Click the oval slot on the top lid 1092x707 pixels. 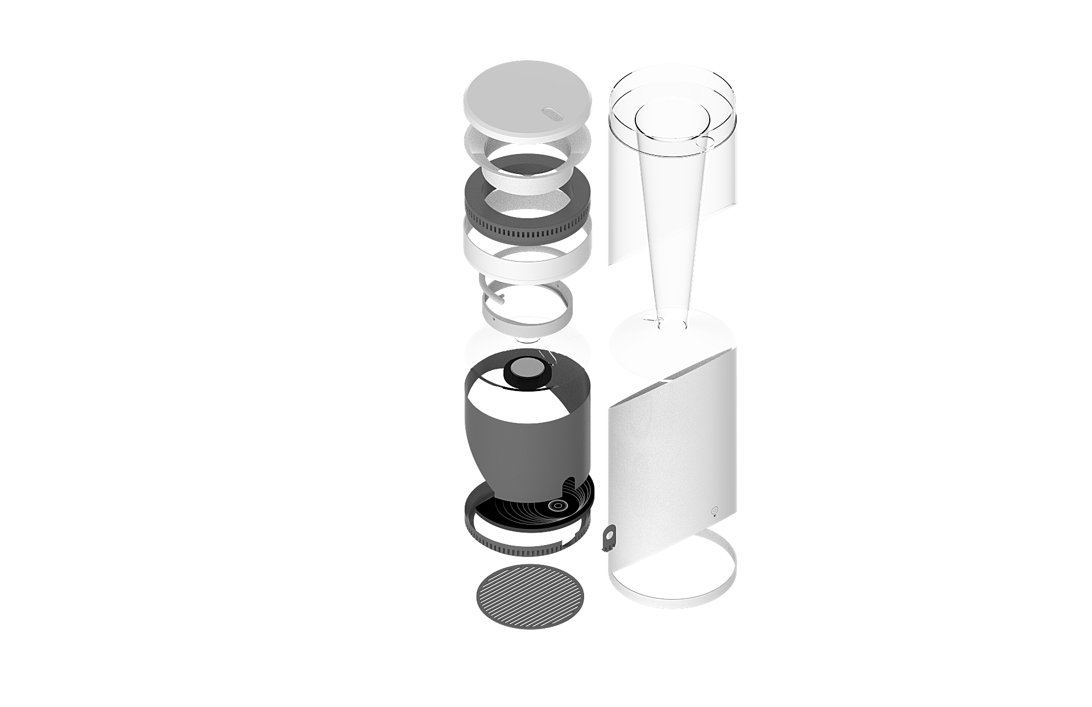pos(551,113)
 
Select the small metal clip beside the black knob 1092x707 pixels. pos(551,357)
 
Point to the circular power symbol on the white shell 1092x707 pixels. pos(715,509)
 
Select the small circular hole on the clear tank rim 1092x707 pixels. pos(708,142)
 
